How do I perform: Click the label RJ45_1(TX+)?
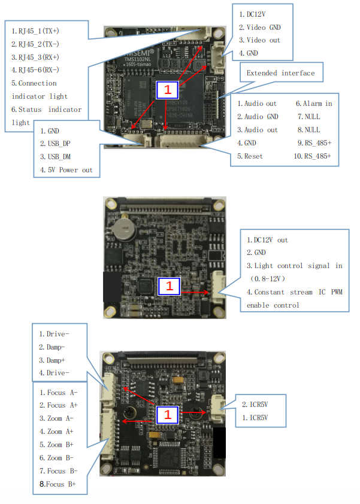pyautogui.click(x=39, y=31)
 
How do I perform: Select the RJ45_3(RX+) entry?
pyautogui.click(x=39, y=57)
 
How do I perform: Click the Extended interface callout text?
pyautogui.click(x=280, y=73)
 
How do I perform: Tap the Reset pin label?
pyautogui.click(x=253, y=156)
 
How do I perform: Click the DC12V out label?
pyautogui.click(x=267, y=240)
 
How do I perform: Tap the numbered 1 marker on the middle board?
pyautogui.click(x=168, y=286)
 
